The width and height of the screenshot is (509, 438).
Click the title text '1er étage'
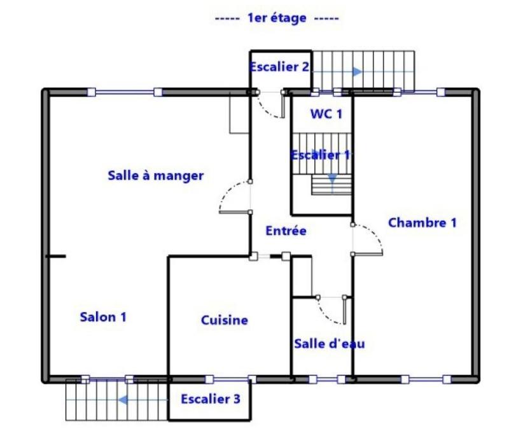coord(277,18)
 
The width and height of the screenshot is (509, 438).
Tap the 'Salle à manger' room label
coord(155,176)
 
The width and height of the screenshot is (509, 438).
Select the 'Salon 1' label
coord(103,316)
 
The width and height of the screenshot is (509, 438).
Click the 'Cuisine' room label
coord(224,320)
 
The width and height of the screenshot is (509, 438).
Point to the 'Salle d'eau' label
coord(330,344)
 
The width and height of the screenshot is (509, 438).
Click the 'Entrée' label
coord(286,231)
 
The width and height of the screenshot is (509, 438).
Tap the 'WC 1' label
coord(326,114)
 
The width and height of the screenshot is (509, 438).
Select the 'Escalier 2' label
coord(279,66)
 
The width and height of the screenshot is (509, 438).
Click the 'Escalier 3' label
coord(211,399)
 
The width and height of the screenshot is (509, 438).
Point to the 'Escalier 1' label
coord(321,155)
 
